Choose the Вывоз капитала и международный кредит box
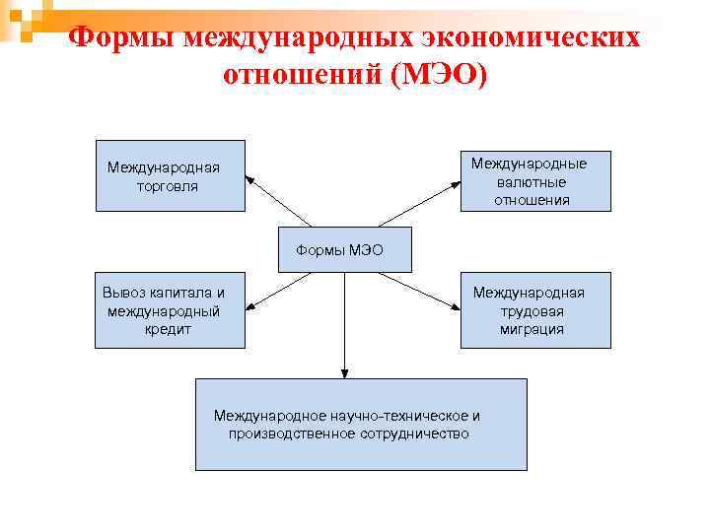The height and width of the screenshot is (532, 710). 170,310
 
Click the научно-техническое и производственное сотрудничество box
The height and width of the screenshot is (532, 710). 361,424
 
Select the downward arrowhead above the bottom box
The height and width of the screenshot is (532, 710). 343,373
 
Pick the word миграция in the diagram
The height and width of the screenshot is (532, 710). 532,330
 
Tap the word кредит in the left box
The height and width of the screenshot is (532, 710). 167,330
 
